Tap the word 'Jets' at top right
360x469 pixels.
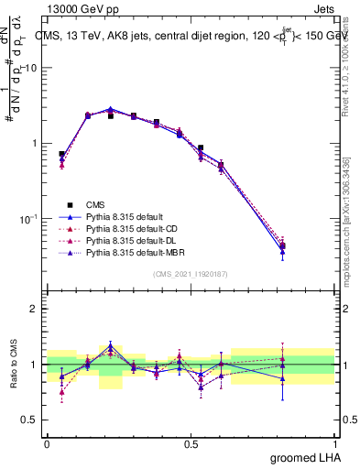[323, 8]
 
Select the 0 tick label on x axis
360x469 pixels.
[47, 442]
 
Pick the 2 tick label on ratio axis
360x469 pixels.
[35, 309]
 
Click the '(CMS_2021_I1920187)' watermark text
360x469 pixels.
[191, 275]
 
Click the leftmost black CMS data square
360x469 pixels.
[61, 154]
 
